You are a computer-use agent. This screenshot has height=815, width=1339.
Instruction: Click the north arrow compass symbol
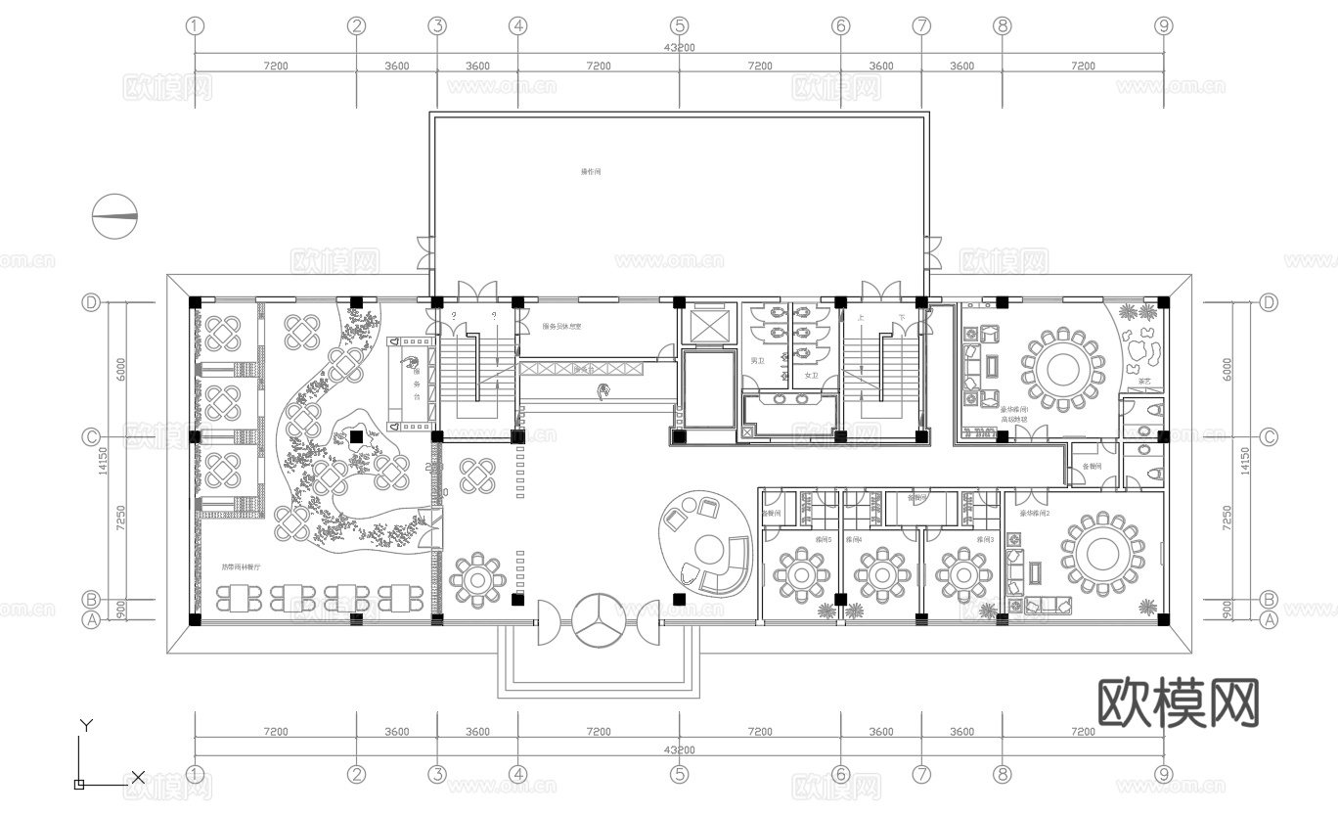(x=115, y=217)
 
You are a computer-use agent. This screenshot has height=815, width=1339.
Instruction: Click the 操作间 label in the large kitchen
(x=591, y=172)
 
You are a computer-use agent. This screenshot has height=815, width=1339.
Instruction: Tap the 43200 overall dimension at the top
(x=679, y=47)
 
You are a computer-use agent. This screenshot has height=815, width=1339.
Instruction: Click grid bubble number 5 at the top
(x=680, y=26)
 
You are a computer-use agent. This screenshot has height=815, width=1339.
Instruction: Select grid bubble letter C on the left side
(x=92, y=436)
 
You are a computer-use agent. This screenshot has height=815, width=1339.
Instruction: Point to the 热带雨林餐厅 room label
(x=241, y=567)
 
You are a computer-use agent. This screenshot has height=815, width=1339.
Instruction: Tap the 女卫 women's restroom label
(x=810, y=375)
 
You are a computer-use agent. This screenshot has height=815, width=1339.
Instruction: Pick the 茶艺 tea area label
(x=1144, y=382)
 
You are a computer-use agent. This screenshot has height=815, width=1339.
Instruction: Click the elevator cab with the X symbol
(x=707, y=323)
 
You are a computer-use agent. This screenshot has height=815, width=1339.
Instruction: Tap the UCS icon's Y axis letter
(x=86, y=725)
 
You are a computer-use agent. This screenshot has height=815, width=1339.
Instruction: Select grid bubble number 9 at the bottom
(x=1163, y=775)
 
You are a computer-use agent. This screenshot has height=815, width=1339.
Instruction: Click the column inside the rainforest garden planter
(x=356, y=436)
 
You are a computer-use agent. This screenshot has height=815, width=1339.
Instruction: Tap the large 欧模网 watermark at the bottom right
(x=1179, y=702)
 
